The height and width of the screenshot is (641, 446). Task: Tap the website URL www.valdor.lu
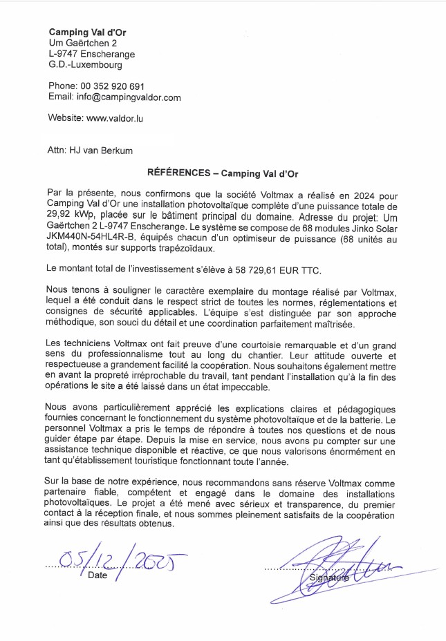115,118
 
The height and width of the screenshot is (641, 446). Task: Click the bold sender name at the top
87,32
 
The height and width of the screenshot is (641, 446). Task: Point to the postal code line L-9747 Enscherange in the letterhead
91,54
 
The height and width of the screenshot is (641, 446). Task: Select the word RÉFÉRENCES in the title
178,173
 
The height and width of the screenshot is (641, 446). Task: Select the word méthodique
73,323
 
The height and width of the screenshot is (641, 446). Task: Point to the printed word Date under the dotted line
97,575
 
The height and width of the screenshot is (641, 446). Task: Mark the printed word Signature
330,577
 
